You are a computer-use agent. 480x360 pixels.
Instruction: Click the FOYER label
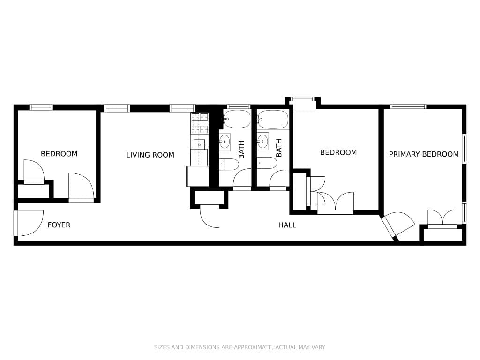[x=59, y=225]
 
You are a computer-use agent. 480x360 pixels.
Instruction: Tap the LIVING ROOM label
[x=150, y=155]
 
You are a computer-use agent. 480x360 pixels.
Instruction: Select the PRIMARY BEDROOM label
[x=423, y=154]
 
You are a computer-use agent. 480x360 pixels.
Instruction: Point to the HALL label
[x=287, y=225]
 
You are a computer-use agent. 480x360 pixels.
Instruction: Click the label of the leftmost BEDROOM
[x=59, y=154]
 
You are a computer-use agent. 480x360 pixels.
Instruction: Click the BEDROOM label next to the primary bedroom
[x=338, y=152]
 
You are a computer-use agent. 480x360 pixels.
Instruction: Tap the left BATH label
[x=241, y=149]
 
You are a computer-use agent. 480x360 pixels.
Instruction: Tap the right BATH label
[x=279, y=148]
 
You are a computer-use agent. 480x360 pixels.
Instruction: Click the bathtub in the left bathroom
[x=237, y=120]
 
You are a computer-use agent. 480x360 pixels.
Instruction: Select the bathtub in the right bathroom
[x=273, y=120]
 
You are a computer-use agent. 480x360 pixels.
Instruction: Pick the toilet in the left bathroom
[x=228, y=165]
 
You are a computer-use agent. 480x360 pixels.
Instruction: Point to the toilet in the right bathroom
[x=266, y=163]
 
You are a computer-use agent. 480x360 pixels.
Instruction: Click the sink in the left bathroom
[x=225, y=140]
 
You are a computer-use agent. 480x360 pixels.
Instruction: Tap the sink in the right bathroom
[x=263, y=140]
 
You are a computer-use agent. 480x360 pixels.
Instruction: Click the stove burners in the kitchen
[x=199, y=123]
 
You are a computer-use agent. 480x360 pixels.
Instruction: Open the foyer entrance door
[x=28, y=223]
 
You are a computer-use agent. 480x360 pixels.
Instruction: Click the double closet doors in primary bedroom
[x=442, y=218]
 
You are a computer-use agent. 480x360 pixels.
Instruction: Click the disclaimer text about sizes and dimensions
[x=240, y=347]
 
